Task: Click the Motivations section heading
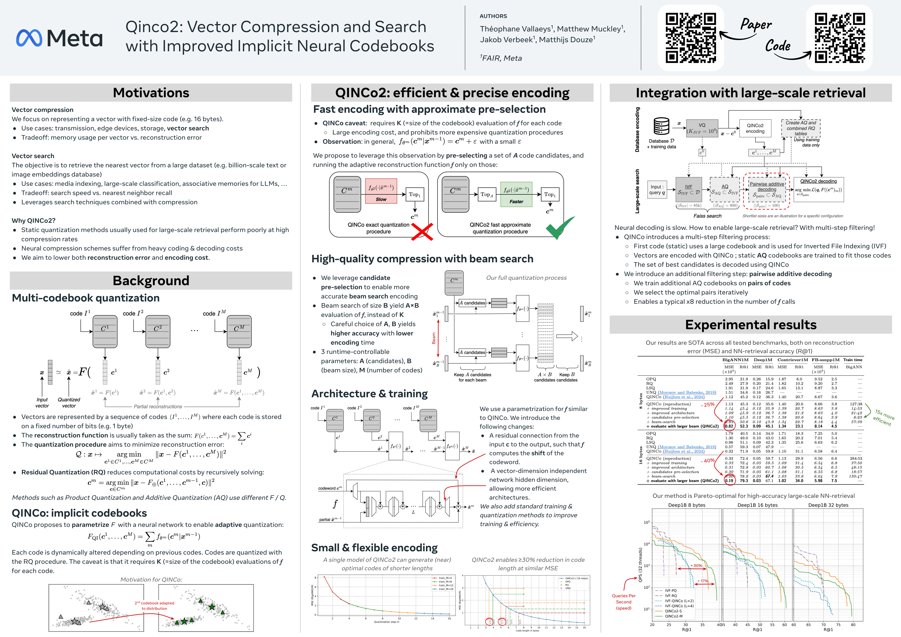click(x=151, y=93)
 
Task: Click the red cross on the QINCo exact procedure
click(x=422, y=231)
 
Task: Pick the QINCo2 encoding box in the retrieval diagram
click(x=755, y=128)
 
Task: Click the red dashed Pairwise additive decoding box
click(x=766, y=190)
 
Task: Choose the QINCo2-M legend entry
click(x=673, y=616)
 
